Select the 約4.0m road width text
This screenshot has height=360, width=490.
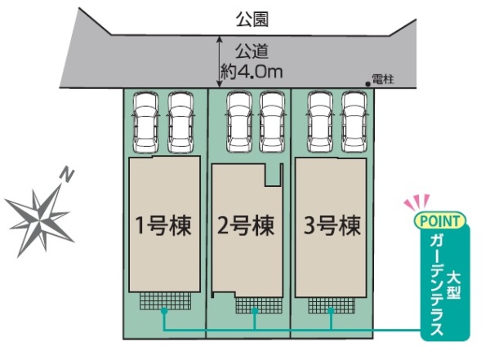click(252, 71)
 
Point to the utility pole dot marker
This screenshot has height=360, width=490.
click(367, 82)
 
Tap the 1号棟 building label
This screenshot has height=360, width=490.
click(163, 224)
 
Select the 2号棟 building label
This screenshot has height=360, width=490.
click(245, 224)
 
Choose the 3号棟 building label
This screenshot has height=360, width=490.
click(330, 224)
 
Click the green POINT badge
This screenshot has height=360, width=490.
click(440, 220)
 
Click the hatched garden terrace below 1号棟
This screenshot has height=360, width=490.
click(163, 300)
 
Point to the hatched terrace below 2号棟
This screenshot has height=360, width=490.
click(255, 304)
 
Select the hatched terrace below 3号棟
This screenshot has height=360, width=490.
click(331, 304)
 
